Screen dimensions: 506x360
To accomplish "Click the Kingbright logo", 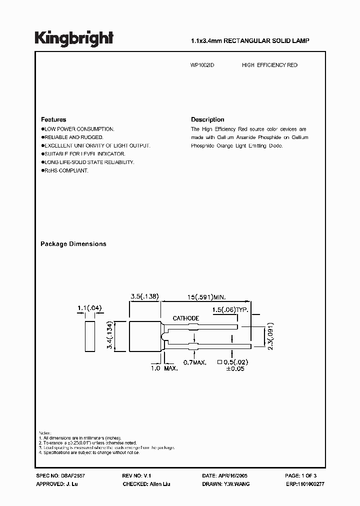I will (74, 38).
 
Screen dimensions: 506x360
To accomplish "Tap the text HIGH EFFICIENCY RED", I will (269, 65).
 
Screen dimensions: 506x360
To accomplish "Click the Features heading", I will (53, 120).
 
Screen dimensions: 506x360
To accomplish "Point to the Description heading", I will (207, 120).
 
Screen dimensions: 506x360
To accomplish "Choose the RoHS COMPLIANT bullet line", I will (66, 170).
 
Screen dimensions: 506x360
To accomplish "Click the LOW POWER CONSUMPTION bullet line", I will (79, 129).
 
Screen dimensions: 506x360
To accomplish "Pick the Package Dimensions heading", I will (73, 244).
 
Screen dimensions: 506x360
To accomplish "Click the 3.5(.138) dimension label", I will (144, 296).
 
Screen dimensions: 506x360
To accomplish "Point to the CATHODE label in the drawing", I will (186, 318).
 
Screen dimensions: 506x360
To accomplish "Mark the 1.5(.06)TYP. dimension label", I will (230, 310).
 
